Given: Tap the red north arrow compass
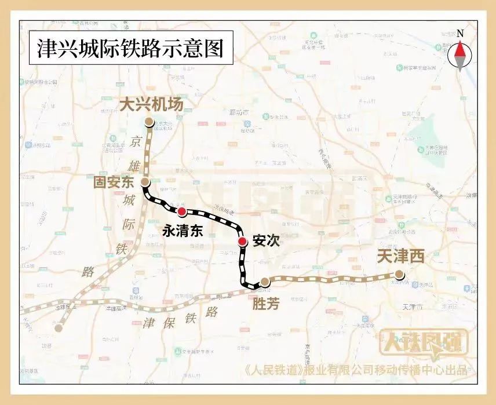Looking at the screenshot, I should click(460, 56).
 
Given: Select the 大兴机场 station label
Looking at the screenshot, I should click(151, 104).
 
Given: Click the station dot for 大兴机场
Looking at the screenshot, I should click(149, 122).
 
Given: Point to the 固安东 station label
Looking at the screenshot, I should click(114, 183).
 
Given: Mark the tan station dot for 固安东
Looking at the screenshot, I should click(145, 183).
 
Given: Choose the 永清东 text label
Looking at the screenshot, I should click(183, 231).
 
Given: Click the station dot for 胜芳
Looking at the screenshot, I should click(265, 282).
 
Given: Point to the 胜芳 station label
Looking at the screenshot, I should click(266, 303).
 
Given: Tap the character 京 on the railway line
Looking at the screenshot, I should click(136, 142).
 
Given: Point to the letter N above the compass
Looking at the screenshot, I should click(460, 34).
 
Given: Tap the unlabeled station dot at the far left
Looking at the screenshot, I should click(59, 328).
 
